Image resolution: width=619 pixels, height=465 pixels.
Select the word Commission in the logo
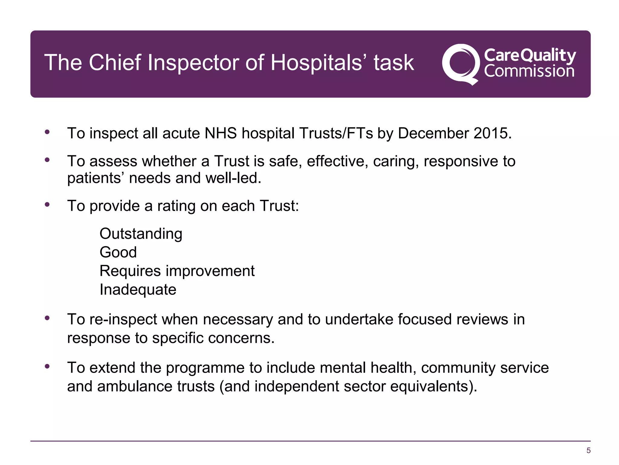pyautogui.click(x=529, y=71)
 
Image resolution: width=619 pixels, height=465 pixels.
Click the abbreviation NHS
pyautogui.click(x=220, y=133)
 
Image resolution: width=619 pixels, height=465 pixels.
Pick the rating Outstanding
pyautogui.click(x=141, y=234)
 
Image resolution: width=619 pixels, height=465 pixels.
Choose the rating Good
pyautogui.click(x=118, y=252)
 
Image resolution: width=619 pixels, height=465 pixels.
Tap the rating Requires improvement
pyautogui.click(x=177, y=271)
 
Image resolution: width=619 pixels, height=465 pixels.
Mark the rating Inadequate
pyautogui.click(x=138, y=289)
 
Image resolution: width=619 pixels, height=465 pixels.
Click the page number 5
pyautogui.click(x=588, y=450)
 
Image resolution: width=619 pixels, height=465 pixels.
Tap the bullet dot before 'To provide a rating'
pyautogui.click(x=47, y=204)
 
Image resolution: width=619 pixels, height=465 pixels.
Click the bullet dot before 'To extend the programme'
pyautogui.click(x=47, y=366)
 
